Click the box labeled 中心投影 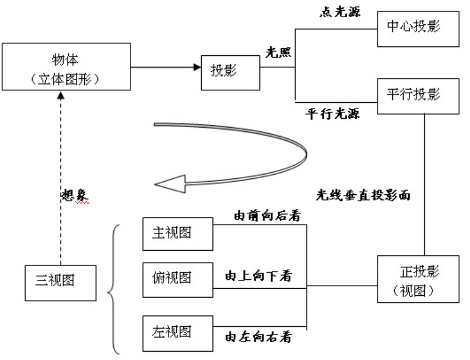click(x=418, y=29)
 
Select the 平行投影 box click(x=418, y=96)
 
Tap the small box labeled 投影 click(x=230, y=72)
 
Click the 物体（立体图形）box click(x=66, y=67)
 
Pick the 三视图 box click(x=61, y=283)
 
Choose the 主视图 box click(x=178, y=234)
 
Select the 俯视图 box click(x=178, y=280)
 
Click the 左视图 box click(x=178, y=333)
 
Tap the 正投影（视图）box click(x=418, y=279)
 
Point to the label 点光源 click(x=340, y=12)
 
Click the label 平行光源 click(x=333, y=114)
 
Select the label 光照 click(x=278, y=53)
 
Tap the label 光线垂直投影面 click(x=363, y=195)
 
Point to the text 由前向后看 click(x=267, y=216)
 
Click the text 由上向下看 click(x=258, y=276)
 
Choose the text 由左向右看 click(x=258, y=337)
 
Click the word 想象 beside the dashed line click(x=75, y=195)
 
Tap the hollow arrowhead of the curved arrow click(x=170, y=184)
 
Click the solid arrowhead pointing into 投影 click(x=197, y=67)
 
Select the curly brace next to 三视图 click(x=113, y=289)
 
